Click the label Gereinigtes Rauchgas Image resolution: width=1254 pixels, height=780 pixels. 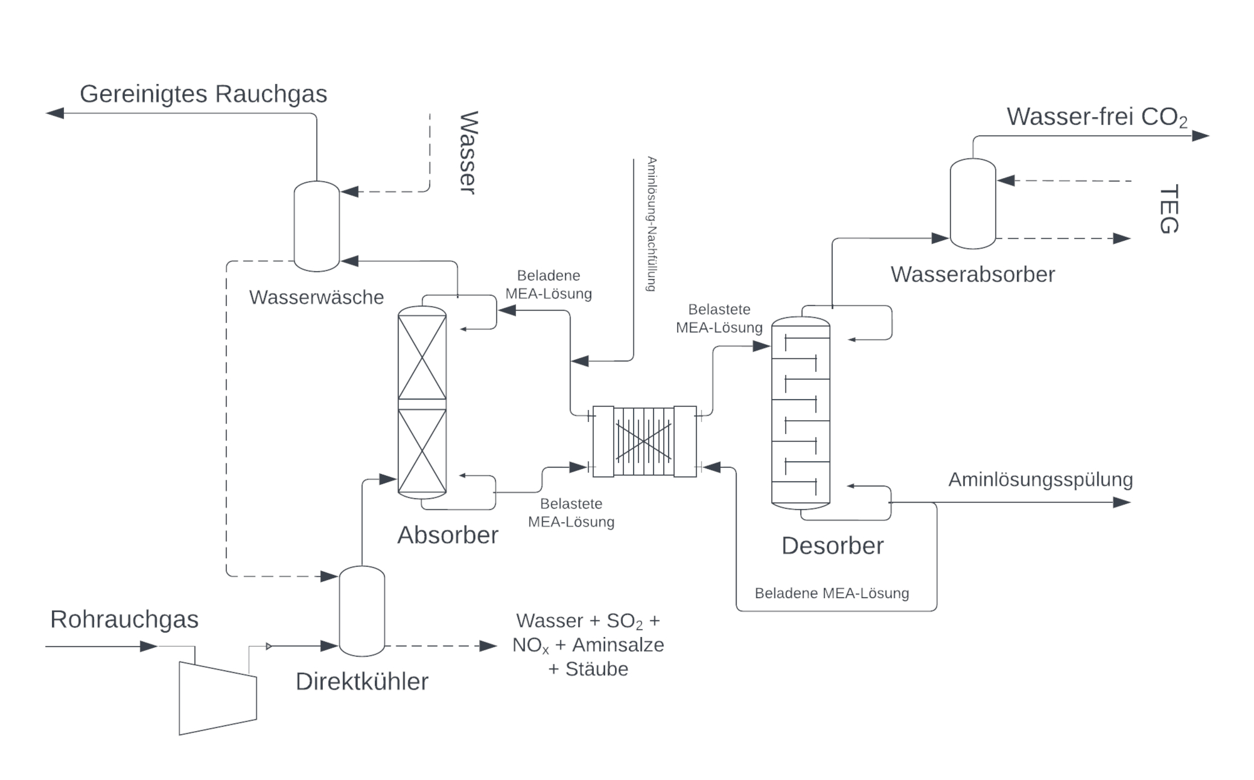[x=203, y=94]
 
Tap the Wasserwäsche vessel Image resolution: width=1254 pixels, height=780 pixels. [x=317, y=226]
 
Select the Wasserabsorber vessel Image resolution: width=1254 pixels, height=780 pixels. [x=972, y=204]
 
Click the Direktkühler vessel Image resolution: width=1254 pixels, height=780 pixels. [x=362, y=611]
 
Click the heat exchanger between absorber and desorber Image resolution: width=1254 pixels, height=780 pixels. [x=644, y=441]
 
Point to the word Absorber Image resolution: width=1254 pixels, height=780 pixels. [x=448, y=535]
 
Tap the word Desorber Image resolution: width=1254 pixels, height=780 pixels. [x=832, y=545]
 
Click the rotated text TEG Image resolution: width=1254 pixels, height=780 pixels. [x=1168, y=209]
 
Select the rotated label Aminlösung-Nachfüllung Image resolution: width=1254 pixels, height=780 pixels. [x=651, y=224]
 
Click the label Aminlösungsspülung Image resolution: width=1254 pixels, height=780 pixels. [x=1040, y=480]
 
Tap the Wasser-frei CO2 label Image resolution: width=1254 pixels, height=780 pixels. [x=1097, y=117]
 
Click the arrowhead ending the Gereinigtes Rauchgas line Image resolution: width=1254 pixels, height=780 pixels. [x=55, y=113]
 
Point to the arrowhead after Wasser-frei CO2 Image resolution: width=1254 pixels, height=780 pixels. [x=1200, y=135]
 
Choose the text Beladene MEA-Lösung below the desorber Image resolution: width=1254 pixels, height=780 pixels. [x=831, y=593]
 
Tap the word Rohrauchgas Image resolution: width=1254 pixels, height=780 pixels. [x=124, y=619]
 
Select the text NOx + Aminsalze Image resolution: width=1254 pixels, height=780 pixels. [x=587, y=645]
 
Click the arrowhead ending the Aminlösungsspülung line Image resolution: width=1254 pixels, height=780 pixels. [x=1122, y=502]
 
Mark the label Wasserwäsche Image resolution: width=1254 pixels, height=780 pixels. [x=316, y=297]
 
